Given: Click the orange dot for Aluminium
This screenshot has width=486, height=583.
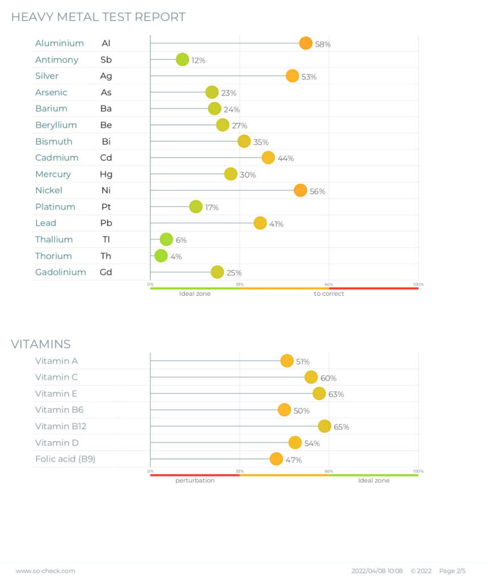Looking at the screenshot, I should [305, 43].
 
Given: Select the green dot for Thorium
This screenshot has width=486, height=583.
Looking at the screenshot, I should [161, 256].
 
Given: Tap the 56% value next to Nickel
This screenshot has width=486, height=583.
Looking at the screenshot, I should [317, 191].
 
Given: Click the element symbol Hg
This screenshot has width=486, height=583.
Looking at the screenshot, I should [106, 174].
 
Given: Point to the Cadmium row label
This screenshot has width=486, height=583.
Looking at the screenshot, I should [57, 158].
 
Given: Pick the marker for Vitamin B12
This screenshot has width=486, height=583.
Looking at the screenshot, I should [324, 426].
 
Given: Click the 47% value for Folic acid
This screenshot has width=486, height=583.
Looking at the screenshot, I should [294, 460].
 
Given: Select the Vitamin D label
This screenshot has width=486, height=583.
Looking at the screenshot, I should [57, 443].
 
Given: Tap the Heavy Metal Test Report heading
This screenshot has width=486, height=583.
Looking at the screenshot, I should [99, 17].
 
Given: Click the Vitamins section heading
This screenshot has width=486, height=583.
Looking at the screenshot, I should [41, 344].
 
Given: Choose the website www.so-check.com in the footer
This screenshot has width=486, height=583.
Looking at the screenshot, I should [45, 571].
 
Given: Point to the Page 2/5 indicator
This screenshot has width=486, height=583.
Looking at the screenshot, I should [452, 571].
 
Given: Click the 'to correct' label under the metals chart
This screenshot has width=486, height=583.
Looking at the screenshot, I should [329, 294].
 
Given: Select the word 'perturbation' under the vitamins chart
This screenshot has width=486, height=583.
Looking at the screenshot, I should [195, 481].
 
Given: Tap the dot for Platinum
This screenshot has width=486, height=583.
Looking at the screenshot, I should [195, 207].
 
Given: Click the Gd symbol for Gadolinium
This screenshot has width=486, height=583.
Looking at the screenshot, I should [106, 272].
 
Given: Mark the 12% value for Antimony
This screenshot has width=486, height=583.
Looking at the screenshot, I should [198, 60].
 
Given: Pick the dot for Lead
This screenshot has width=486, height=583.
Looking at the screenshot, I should [260, 223].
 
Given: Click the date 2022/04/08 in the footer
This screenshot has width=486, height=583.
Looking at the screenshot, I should [368, 571].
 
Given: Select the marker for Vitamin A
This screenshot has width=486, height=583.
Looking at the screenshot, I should [287, 361].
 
